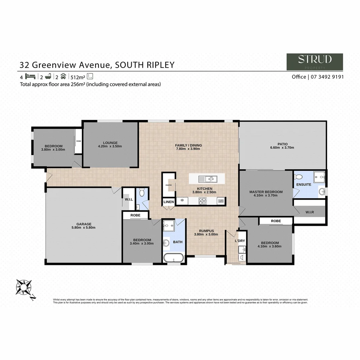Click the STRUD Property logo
coord(315,62)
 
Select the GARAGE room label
coord(84,224)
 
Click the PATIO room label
coord(282,144)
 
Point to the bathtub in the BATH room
coord(174,258)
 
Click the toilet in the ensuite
coord(302,176)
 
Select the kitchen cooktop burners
coord(203,201)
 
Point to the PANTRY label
coord(168,185)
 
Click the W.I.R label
coord(310,212)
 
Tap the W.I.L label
coord(129,200)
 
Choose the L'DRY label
coord(240,240)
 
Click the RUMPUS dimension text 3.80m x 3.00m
coord(206,234)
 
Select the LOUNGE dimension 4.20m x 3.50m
coord(110,146)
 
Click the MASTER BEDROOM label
coord(266,192)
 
